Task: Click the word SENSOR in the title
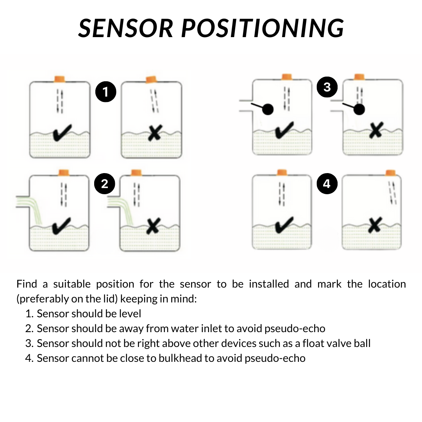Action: click(x=126, y=28)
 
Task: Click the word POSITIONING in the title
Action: click(x=263, y=28)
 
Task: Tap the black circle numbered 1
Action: click(x=105, y=92)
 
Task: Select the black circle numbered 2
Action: click(x=105, y=184)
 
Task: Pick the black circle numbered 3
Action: click(x=327, y=87)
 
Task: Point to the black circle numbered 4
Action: click(x=327, y=184)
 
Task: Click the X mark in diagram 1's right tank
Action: click(x=155, y=133)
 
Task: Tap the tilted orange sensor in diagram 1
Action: click(x=151, y=80)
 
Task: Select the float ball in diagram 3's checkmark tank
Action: click(x=267, y=109)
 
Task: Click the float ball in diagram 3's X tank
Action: click(x=359, y=110)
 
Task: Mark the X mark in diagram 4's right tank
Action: click(x=375, y=225)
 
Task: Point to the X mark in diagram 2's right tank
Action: click(x=153, y=226)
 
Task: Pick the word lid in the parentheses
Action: click(x=112, y=299)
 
